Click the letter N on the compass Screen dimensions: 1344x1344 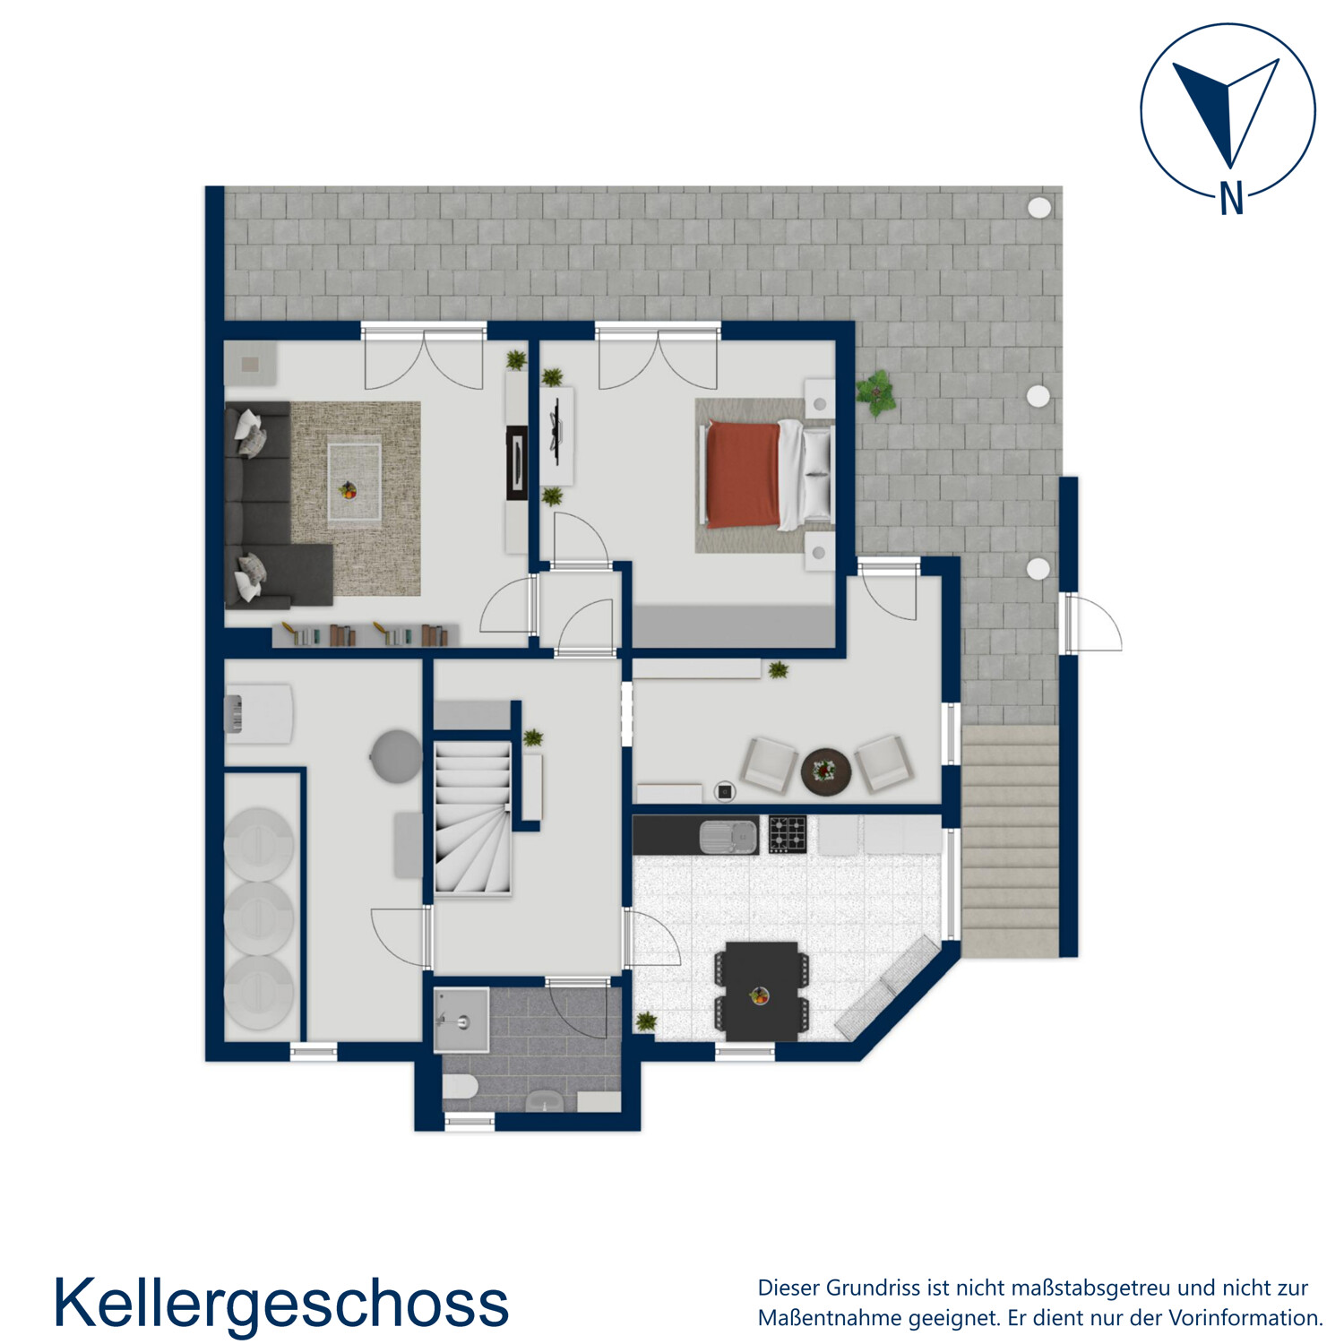coord(1231,198)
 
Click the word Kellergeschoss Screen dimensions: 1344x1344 coord(280,1303)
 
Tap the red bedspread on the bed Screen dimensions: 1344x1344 coord(742,475)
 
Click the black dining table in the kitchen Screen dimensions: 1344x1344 coord(762,989)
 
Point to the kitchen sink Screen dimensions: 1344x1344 coord(727,836)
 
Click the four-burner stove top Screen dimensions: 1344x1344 coord(788,834)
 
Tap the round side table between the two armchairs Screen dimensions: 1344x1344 coord(825,770)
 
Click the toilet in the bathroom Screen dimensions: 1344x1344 coord(460,1090)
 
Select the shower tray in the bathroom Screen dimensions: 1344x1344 coord(461,1019)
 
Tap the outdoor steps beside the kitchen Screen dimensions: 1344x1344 coord(1010,842)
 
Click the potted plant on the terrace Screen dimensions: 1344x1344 coord(875,392)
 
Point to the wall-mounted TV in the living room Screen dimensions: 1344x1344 coord(517,462)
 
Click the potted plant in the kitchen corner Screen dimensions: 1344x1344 coord(645,1021)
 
